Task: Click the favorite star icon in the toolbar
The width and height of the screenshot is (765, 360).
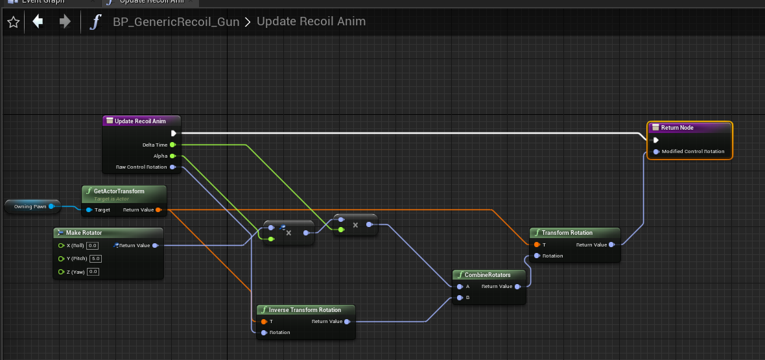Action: [14, 22]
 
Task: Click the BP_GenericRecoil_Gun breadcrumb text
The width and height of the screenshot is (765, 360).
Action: [176, 22]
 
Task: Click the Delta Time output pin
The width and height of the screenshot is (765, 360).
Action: [173, 145]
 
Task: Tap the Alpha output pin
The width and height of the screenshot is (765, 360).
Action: [173, 156]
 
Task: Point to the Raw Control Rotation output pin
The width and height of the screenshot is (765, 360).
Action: [173, 167]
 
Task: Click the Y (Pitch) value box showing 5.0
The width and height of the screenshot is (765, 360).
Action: [95, 258]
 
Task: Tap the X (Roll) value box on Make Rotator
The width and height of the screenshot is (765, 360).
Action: [93, 245]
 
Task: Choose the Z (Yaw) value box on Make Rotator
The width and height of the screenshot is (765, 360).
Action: [93, 271]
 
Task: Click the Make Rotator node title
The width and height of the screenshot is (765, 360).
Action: [84, 233]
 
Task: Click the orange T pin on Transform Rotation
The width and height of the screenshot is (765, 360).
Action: [537, 245]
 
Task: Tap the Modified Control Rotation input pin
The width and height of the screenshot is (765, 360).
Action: [656, 152]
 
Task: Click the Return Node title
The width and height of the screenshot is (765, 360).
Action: [677, 128]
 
